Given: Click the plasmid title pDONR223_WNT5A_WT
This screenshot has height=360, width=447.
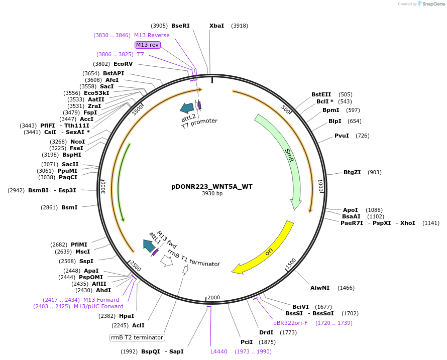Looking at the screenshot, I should (212, 186).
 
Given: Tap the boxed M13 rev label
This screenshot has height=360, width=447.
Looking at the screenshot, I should (147, 45).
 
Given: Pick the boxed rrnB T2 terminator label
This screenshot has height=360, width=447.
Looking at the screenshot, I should (137, 337).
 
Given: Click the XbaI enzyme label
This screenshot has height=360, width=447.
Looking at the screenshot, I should (217, 26).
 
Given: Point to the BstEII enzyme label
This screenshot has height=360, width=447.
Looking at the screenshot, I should (321, 94).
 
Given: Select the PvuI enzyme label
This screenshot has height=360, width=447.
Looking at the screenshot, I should (342, 136).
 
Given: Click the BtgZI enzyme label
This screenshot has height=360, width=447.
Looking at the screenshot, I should (352, 172).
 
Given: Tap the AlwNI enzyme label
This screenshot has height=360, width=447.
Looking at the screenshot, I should (320, 288).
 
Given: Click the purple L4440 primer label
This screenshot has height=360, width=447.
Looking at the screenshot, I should (219, 351).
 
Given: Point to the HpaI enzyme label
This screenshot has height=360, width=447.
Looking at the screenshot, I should (127, 316).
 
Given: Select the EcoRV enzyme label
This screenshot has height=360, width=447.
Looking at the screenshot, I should (123, 64).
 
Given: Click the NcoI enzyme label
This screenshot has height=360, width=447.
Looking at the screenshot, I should (77, 142).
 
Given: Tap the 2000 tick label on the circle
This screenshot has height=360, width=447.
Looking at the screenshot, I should (214, 298).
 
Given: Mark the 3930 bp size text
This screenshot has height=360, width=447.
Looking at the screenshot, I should (212, 194).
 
